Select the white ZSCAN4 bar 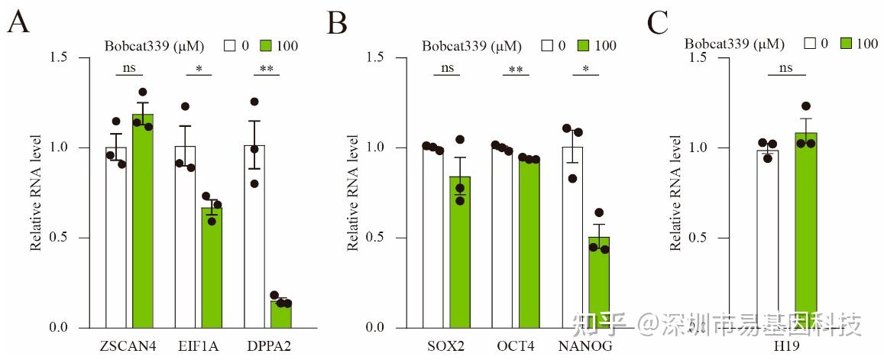[116, 237]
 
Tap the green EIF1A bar [212, 268]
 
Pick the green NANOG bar [599, 282]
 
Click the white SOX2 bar [433, 237]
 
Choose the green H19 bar [806, 230]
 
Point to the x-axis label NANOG [585, 346]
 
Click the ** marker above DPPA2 [267, 68]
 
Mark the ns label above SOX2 [447, 67]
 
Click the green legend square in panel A [267, 45]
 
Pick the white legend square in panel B [547, 45]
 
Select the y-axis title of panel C [677, 193]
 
